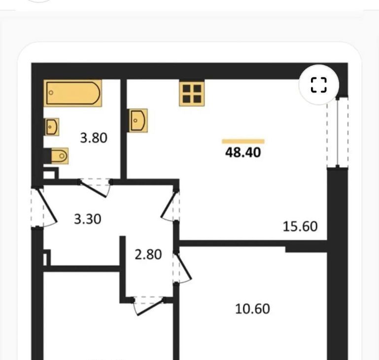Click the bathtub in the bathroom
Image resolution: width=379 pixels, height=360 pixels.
[x=73, y=93]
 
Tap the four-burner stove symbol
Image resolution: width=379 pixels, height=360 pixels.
[x=192, y=94]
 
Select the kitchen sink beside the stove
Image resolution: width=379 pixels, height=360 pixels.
[x=138, y=120]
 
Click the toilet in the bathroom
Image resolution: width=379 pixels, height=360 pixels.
[x=60, y=156]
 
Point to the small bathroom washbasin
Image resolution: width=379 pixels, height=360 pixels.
[x=52, y=127]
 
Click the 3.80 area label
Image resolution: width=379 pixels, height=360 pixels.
[x=94, y=138]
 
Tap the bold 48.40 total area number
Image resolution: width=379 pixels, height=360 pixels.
[x=243, y=152]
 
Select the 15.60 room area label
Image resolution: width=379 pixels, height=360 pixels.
[x=300, y=226]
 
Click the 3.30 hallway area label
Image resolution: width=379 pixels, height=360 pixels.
[x=88, y=219]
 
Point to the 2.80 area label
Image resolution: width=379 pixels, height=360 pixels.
[x=148, y=254]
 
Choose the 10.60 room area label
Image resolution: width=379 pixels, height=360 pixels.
[x=252, y=309]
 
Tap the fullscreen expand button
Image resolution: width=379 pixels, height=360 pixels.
[x=319, y=85]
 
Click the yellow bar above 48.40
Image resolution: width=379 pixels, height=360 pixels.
[x=243, y=142]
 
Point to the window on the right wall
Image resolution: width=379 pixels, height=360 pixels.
[x=338, y=132]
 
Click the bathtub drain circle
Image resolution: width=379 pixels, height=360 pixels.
[x=51, y=93]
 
